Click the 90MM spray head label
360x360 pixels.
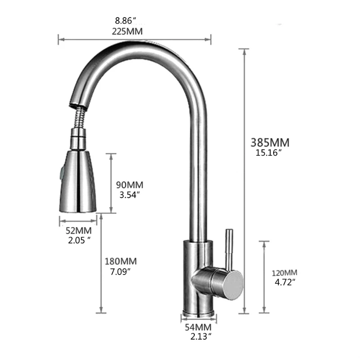[129, 185]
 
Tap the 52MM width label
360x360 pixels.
[79, 231]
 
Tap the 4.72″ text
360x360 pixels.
[284, 282]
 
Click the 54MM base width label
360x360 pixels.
[198, 327]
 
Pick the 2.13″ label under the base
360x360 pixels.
[198, 336]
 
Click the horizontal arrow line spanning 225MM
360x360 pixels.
[135, 40]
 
